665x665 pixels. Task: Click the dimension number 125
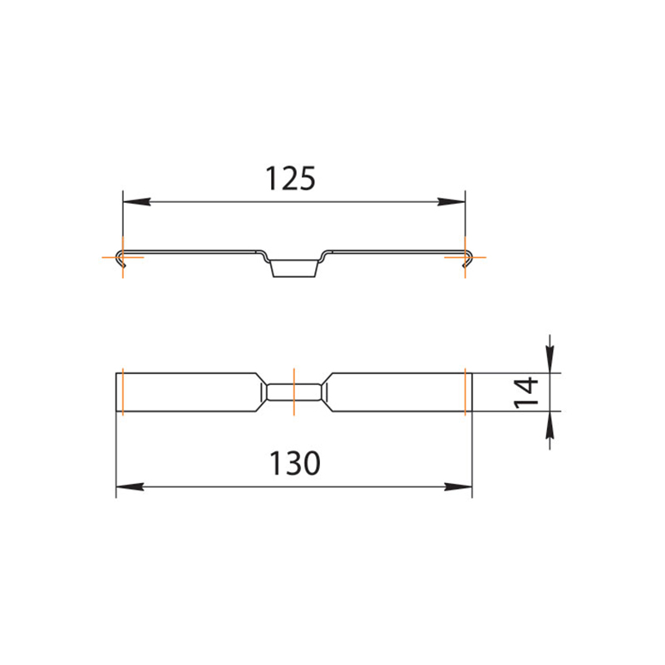(x=290, y=179)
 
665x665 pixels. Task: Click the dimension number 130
(x=295, y=463)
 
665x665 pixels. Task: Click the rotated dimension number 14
(x=526, y=392)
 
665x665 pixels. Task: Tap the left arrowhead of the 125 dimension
(x=136, y=202)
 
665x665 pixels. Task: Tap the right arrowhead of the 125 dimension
(x=451, y=202)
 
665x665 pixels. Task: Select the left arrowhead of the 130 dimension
(x=130, y=486)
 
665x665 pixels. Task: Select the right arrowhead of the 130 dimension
(x=458, y=486)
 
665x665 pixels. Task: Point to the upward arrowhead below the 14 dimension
(x=550, y=425)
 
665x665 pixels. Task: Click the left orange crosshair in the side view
(x=122, y=257)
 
